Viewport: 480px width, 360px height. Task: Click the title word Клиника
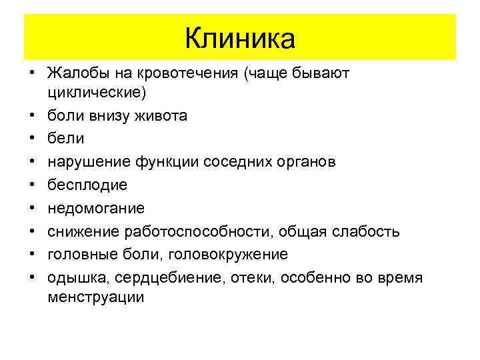(240, 38)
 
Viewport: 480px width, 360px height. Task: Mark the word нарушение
(89, 162)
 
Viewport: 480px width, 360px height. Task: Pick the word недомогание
(96, 208)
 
